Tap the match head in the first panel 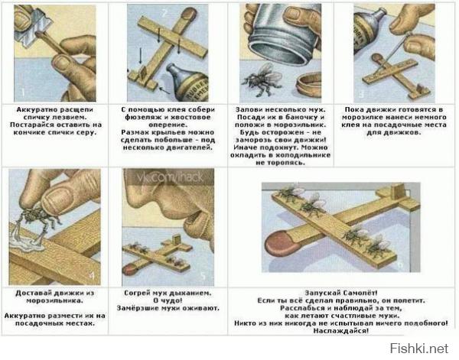point(39,34)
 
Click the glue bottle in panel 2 point(187,83)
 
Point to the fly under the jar point(262,79)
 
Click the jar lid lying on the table point(308,86)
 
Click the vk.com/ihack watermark point(170,177)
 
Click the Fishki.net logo point(419,349)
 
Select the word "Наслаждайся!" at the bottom point(340,331)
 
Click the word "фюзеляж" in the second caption point(140,117)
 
